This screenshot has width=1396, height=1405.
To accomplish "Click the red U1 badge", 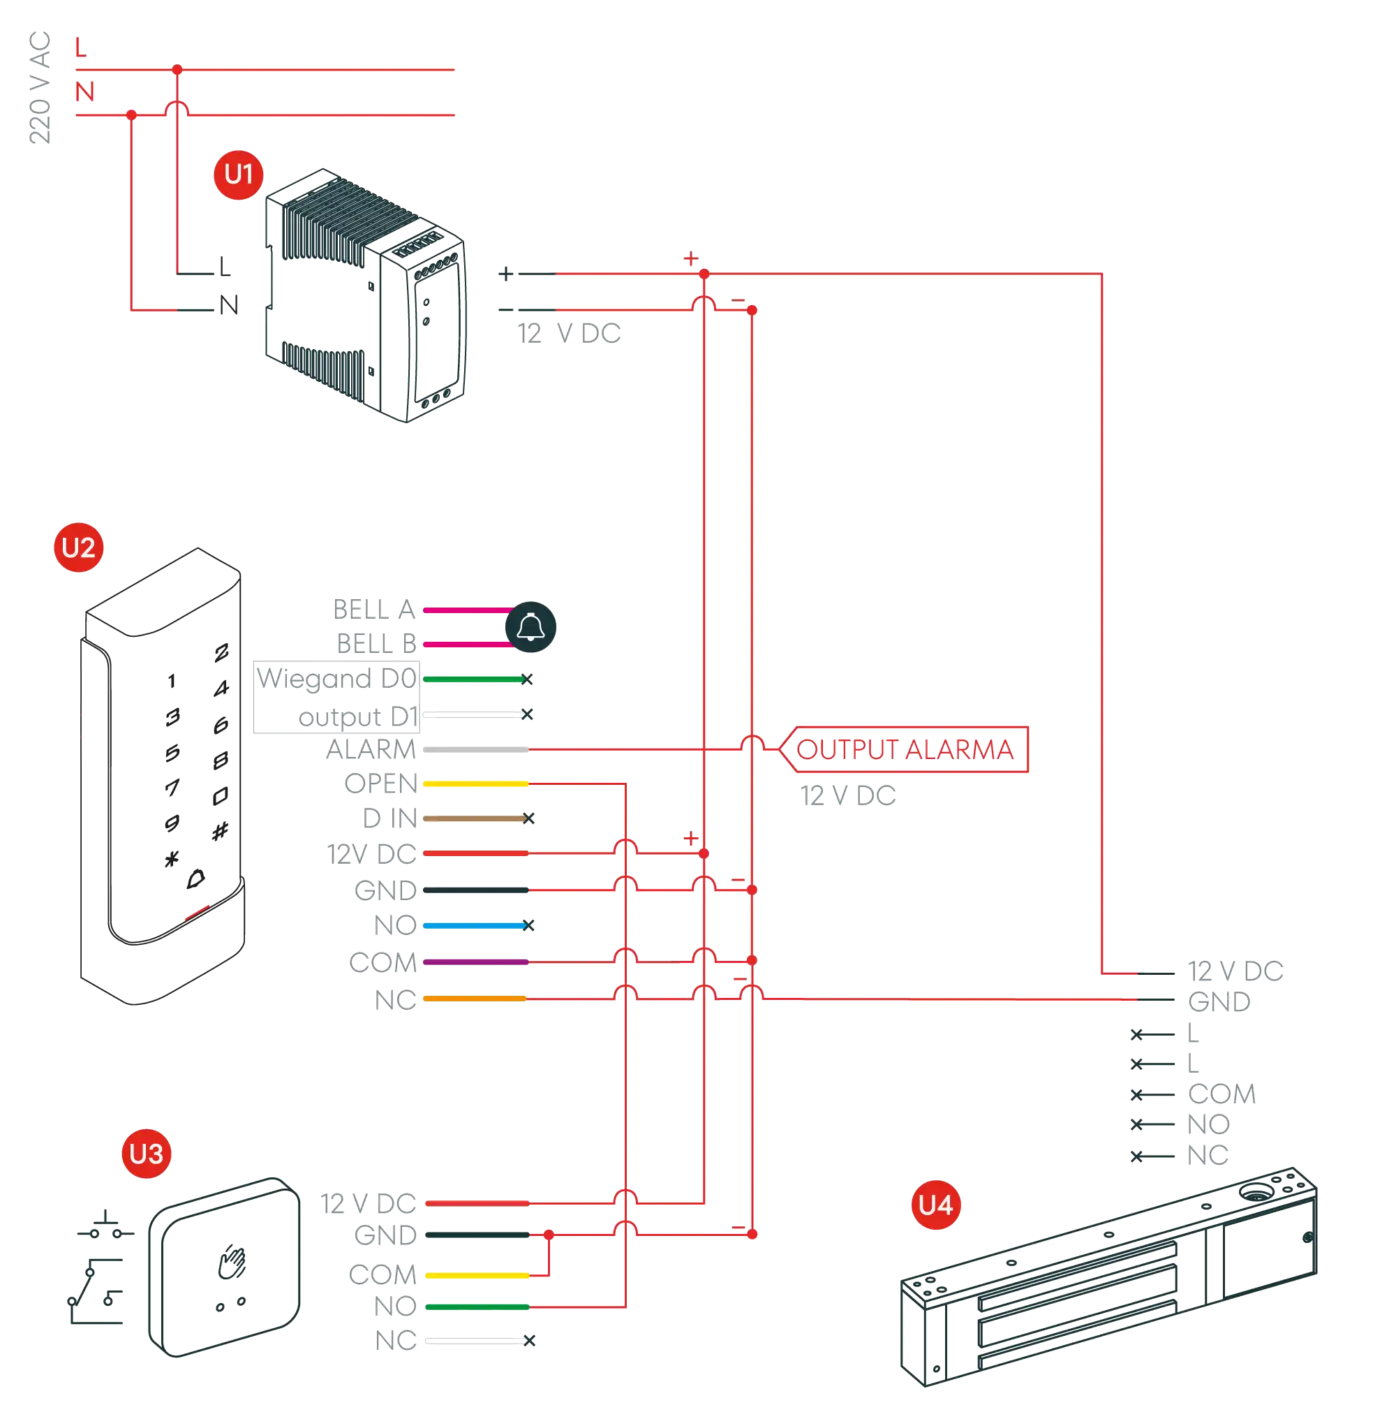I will click(x=238, y=175).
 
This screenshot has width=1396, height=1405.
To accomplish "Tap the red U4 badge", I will click(x=935, y=1206).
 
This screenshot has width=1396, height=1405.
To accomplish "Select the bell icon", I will click(x=530, y=627).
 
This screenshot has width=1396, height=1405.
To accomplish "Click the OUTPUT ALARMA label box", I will click(x=905, y=749).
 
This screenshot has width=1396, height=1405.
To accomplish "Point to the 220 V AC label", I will click(x=40, y=87).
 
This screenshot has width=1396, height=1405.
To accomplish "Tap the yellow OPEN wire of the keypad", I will click(x=475, y=784).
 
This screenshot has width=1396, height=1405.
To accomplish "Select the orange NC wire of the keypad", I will click(x=474, y=999).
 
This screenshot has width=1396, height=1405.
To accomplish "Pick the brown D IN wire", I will click(x=474, y=819).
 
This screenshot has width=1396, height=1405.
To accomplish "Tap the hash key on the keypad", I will click(x=221, y=830).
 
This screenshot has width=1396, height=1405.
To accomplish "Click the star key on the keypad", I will click(x=171, y=860).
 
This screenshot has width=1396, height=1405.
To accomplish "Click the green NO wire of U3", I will click(x=477, y=1307).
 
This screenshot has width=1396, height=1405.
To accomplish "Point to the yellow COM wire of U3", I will click(x=477, y=1275).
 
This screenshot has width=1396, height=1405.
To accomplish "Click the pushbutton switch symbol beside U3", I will click(x=104, y=1229).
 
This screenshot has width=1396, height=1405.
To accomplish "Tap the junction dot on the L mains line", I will click(x=177, y=69).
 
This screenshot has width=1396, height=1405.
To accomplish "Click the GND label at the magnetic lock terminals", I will click(x=1219, y=1001).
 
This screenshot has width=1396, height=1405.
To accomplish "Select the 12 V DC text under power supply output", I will click(x=569, y=334).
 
